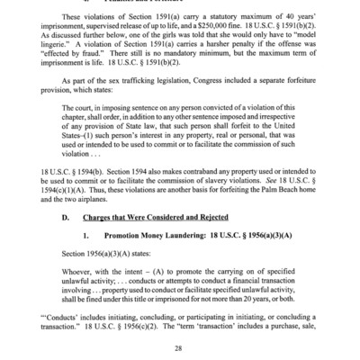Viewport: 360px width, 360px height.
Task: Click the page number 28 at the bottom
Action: coord(179,349)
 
